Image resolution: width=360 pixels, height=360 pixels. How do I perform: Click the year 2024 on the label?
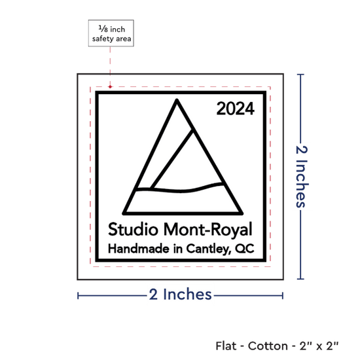(236, 109)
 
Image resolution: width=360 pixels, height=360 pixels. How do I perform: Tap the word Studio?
(133, 229)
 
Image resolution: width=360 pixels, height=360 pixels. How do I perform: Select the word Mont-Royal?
(208, 230)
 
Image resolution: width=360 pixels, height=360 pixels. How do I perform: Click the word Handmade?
(139, 249)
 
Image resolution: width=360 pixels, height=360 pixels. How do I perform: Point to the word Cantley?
(208, 249)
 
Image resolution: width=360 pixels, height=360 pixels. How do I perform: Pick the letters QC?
(245, 249)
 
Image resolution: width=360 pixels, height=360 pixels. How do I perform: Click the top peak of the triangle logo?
(177, 100)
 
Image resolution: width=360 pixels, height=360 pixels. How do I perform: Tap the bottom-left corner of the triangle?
(124, 213)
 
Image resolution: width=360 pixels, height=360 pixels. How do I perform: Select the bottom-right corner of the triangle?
(242, 213)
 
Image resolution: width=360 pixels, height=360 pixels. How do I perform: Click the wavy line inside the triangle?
(181, 190)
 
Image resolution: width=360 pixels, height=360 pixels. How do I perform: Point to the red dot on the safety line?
(110, 87)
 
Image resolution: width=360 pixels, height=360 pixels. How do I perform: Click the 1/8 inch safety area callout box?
(111, 33)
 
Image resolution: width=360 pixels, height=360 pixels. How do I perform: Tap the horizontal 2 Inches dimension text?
(180, 295)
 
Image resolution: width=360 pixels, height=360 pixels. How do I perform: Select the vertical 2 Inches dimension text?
(301, 177)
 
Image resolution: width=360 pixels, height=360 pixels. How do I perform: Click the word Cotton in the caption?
(268, 346)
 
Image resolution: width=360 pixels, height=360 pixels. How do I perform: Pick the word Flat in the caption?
(226, 346)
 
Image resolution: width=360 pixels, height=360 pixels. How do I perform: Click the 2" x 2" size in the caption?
(319, 346)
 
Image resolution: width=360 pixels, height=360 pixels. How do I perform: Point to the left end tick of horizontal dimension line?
(78, 296)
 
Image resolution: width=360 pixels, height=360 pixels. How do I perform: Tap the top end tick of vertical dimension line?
(300, 75)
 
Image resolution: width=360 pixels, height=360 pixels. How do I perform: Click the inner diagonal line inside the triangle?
(171, 160)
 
